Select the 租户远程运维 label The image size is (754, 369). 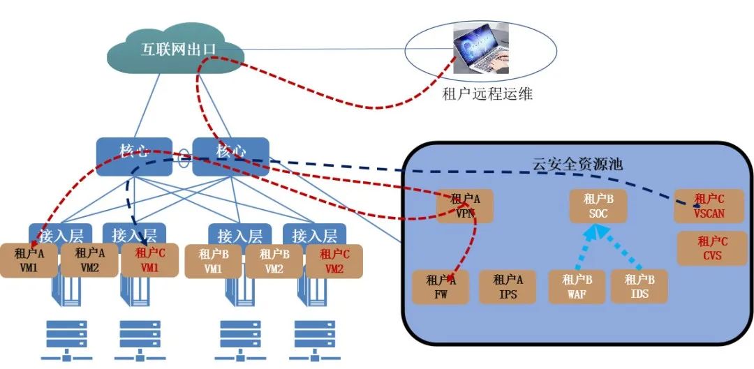[487, 93]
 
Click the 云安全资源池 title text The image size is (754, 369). [577, 165]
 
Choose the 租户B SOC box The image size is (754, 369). [598, 206]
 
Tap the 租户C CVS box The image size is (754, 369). [712, 249]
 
